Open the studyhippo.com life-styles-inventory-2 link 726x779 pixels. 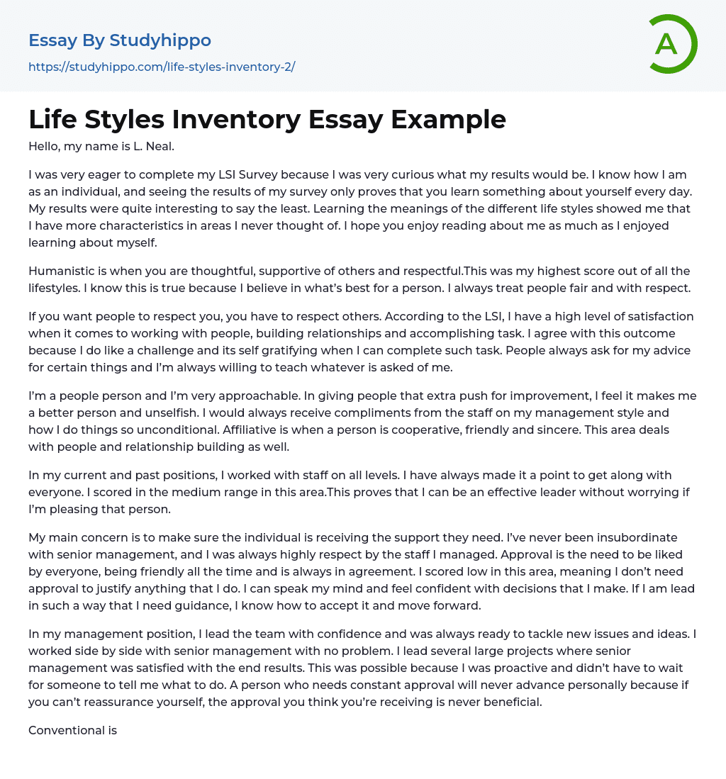162,67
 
